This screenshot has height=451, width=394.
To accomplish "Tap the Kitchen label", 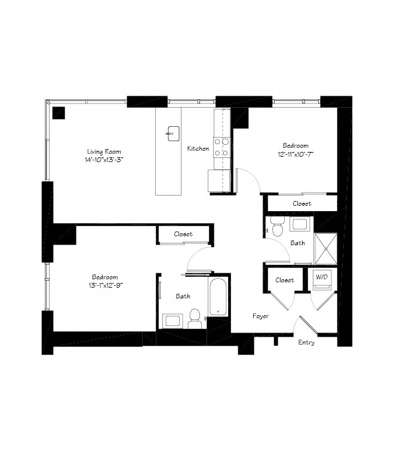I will pyautogui.click(x=198, y=148).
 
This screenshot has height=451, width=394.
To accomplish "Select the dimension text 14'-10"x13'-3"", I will pyautogui.click(x=105, y=160).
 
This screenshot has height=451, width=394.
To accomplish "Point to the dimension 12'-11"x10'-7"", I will pyautogui.click(x=295, y=154).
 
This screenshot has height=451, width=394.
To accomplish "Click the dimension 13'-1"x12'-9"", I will pyautogui.click(x=104, y=285).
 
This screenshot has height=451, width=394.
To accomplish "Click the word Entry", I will pyautogui.click(x=306, y=342).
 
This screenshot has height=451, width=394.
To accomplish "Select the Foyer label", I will pyautogui.click(x=260, y=316).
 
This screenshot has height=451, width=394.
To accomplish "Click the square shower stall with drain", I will pyautogui.click(x=325, y=248).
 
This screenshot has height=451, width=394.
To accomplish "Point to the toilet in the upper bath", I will pyautogui.click(x=276, y=227).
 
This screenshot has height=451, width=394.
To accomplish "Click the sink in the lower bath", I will pyautogui.click(x=173, y=320).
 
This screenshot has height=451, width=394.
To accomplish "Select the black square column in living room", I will pyautogui.click(x=59, y=112).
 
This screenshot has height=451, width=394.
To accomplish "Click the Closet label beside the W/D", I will pyautogui.click(x=284, y=280).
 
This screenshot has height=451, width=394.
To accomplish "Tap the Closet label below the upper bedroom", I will pyautogui.click(x=301, y=203).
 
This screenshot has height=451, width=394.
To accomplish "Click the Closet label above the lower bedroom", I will pyautogui.click(x=183, y=234).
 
